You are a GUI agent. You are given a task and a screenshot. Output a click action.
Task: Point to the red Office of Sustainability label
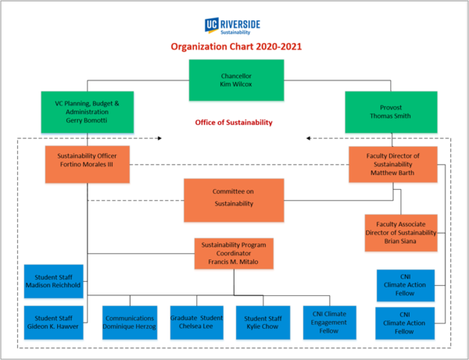tap(234, 123)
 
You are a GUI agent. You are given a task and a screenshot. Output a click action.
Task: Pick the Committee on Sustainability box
tap(234, 198)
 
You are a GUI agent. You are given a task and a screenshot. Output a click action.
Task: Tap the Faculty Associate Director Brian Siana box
tap(400, 232)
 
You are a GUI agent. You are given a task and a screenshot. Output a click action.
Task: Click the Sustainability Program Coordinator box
tap(234, 254)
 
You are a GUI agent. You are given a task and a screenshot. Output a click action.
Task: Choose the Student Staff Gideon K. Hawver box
tap(53, 321)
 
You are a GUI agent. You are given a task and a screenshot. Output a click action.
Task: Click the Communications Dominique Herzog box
tap(131, 321)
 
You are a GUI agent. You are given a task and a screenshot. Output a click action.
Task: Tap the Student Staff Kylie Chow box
tap(263, 321)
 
